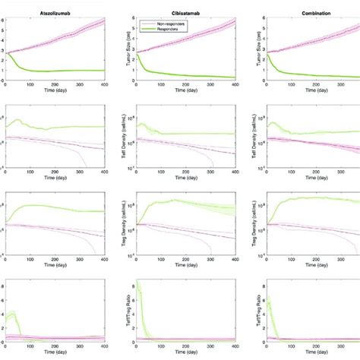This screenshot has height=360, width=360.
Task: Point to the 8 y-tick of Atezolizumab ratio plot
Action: coord(3,283)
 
